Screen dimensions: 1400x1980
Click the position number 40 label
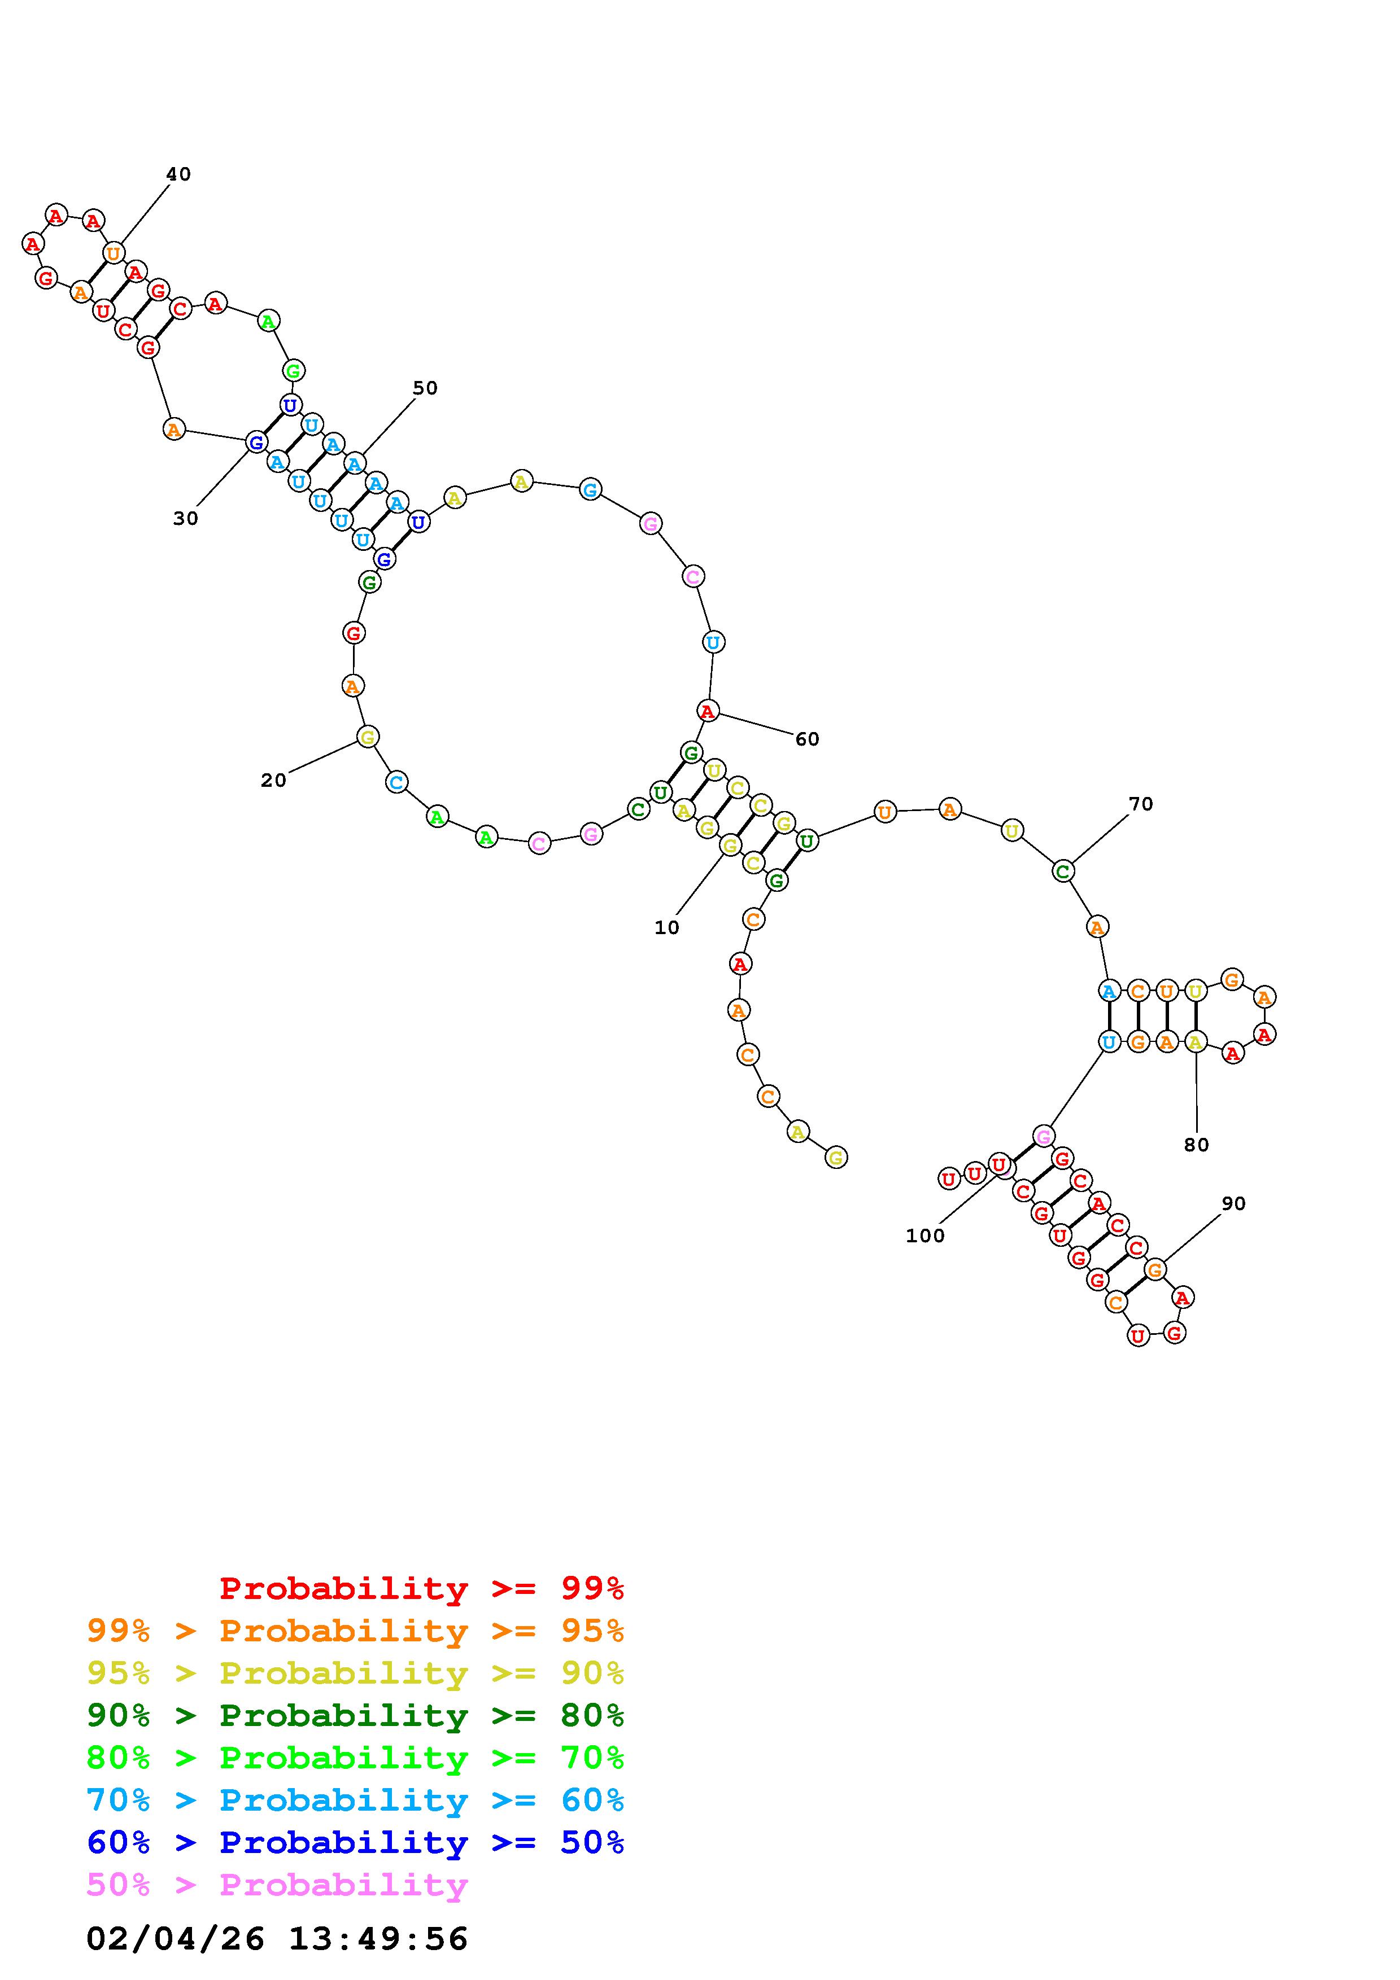(x=178, y=174)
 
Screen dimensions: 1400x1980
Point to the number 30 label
(x=185, y=518)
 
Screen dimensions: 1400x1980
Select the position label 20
(x=273, y=781)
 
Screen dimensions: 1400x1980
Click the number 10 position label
(x=667, y=928)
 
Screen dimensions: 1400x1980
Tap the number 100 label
(x=924, y=1236)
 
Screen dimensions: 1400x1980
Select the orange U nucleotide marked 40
(x=113, y=253)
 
